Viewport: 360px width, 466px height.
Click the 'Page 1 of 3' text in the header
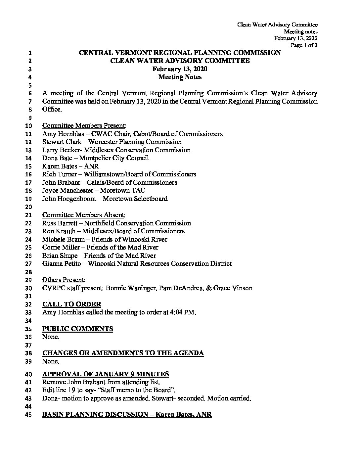pos(304,46)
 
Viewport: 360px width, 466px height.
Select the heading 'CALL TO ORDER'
pos(72,304)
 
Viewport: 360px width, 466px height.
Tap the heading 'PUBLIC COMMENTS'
pos(77,329)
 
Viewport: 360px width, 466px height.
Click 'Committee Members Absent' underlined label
pos(83,215)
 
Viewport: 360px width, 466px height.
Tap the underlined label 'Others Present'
pos(64,280)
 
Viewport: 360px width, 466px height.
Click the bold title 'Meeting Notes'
pos(180,77)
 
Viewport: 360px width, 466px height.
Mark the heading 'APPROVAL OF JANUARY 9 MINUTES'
pos(106,374)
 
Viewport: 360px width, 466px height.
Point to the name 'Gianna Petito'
pos(61,263)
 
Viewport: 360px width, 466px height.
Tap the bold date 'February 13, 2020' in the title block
pos(180,69)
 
